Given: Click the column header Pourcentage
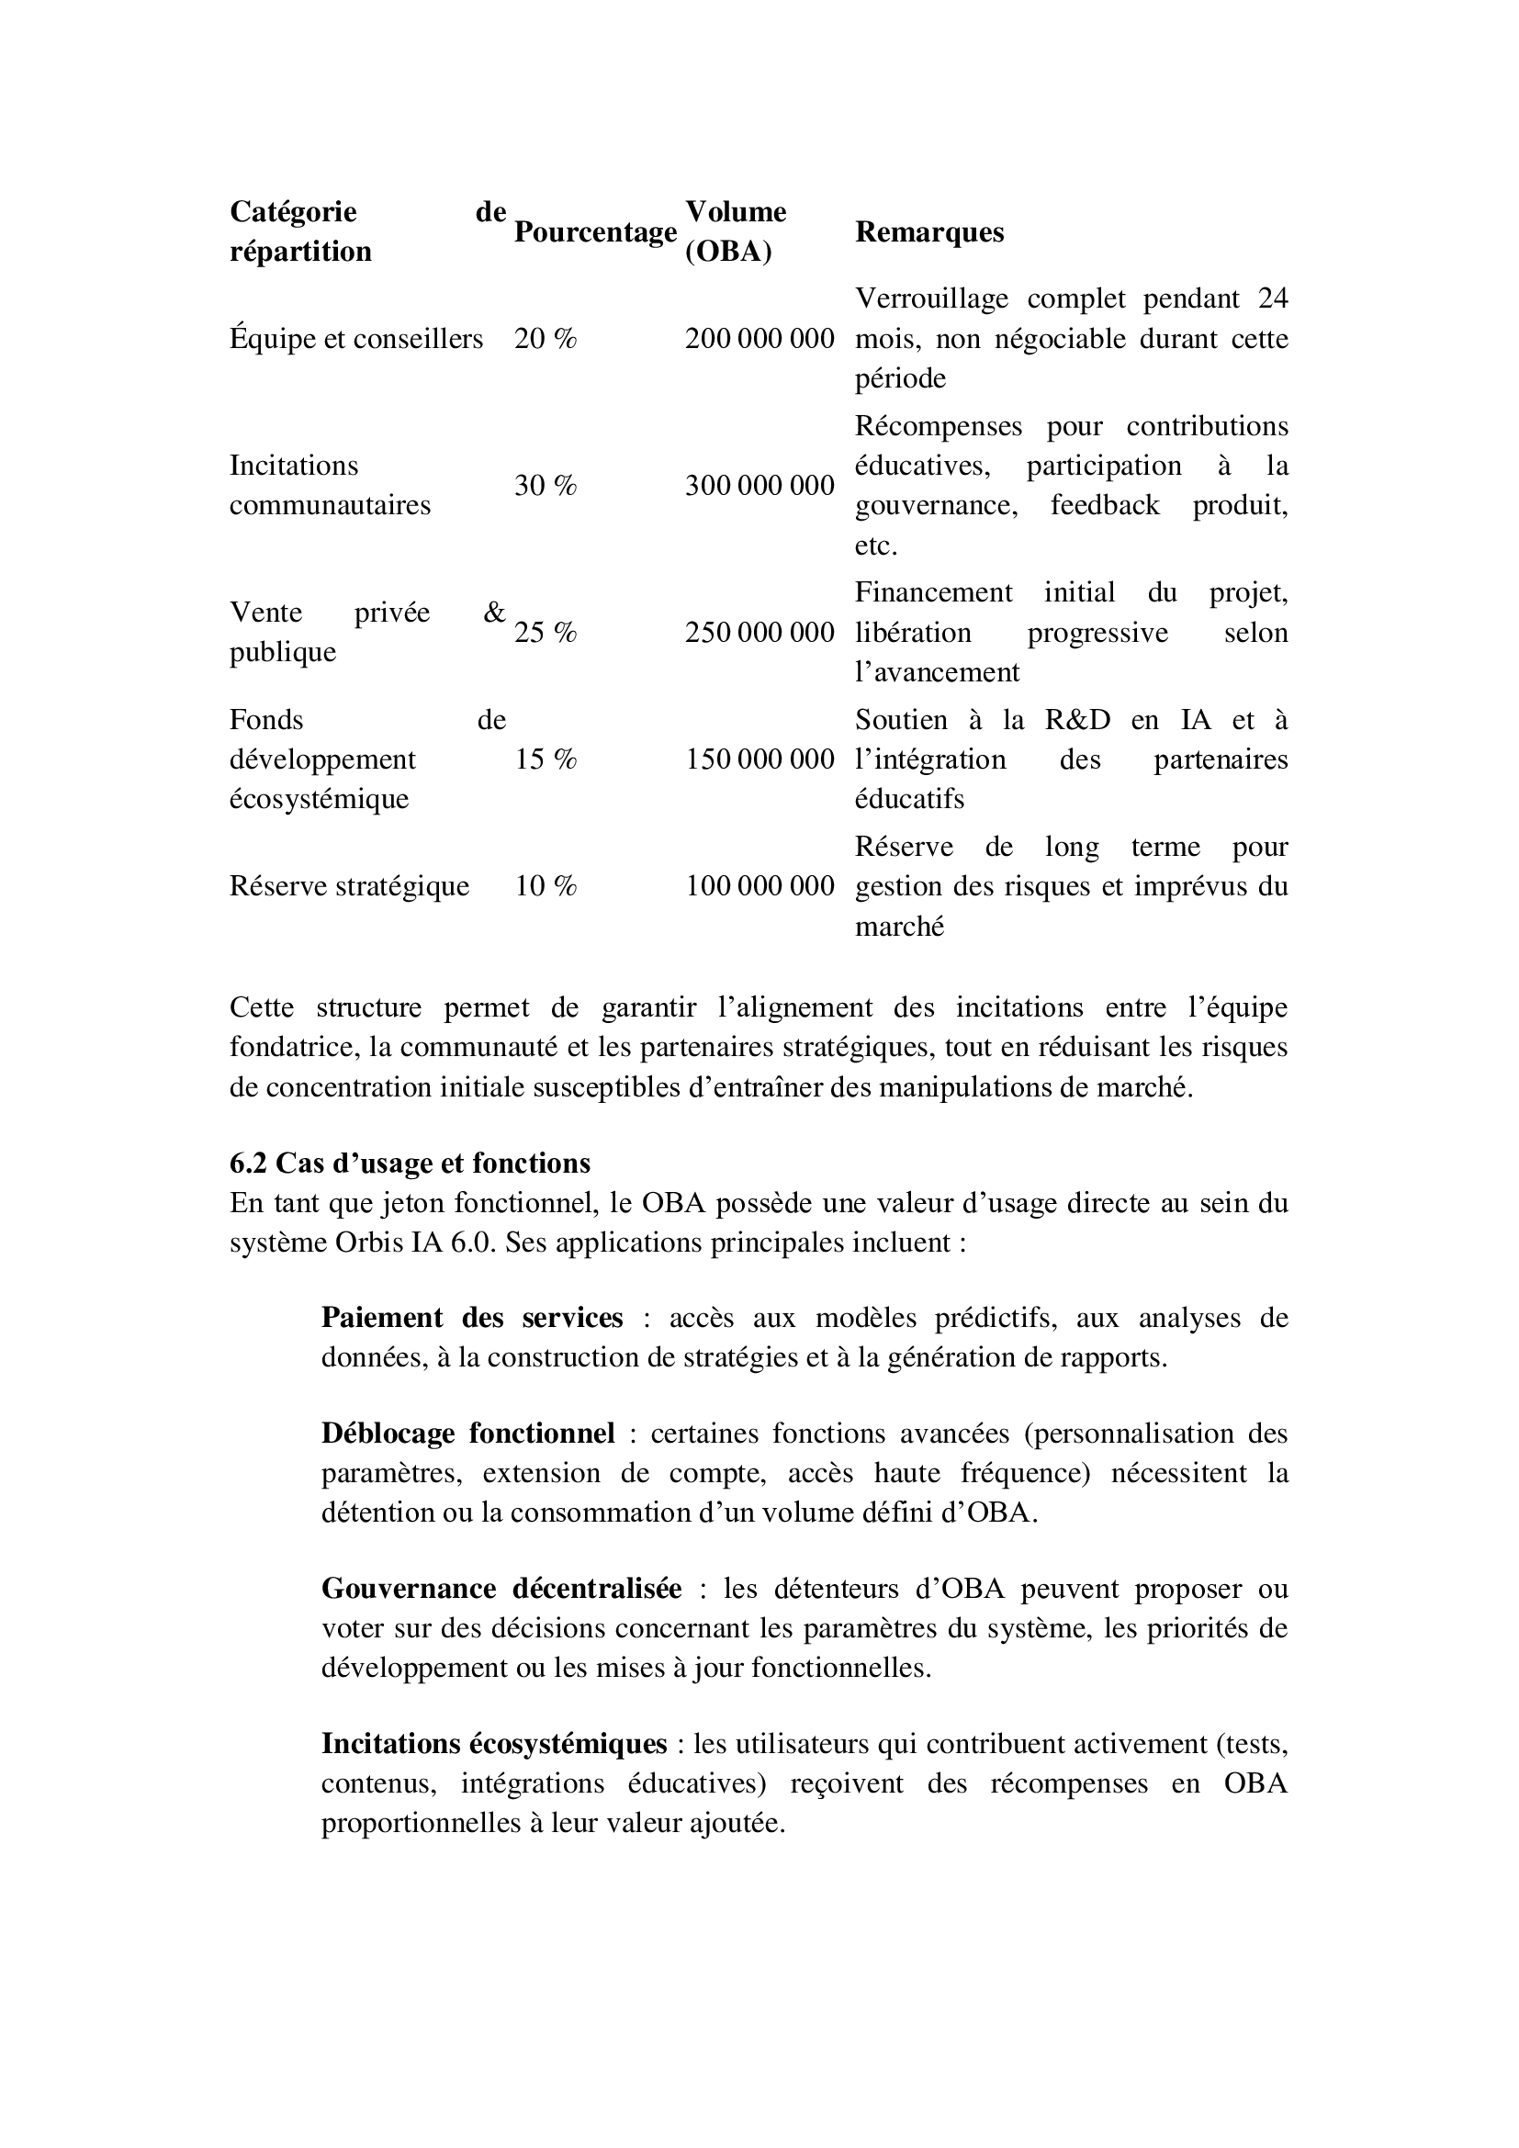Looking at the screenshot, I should coord(595,232).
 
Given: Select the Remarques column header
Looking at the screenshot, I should coord(928,232).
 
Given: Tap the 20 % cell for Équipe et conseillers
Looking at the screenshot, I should coord(546,339).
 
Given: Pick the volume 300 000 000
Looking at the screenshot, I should coord(759,486).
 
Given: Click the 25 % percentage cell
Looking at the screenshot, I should coord(546,634).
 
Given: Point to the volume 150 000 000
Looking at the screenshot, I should coord(759,759).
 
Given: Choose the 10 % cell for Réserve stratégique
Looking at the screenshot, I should coord(546,886).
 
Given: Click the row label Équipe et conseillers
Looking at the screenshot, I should coord(356,339).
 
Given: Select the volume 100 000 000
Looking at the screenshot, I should coord(759,886).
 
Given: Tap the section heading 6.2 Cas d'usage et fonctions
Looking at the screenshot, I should coord(410,1163).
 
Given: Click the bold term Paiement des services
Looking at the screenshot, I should coord(471,1317).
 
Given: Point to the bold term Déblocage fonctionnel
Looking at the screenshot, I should coord(467,1434).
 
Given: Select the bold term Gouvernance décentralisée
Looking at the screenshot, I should coord(501,1589).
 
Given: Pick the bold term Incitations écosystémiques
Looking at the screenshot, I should coord(494,1744).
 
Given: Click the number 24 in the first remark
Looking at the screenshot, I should coord(1272,298).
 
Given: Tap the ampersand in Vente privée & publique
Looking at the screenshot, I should coord(494,613).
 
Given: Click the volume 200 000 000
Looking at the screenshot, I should coord(759,339).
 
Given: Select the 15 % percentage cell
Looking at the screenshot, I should coord(546,759).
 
